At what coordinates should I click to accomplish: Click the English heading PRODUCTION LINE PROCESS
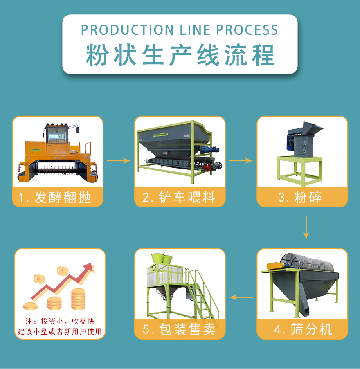(180, 30)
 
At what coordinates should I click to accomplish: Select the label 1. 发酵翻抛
(58, 198)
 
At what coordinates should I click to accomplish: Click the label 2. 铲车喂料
(180, 198)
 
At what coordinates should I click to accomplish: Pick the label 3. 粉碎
(302, 198)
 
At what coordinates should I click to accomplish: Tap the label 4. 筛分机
(302, 329)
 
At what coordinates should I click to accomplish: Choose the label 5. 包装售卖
(180, 329)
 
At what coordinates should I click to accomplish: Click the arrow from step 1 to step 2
(119, 161)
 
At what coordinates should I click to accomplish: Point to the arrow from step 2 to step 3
(241, 161)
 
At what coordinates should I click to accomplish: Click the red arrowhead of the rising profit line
(88, 268)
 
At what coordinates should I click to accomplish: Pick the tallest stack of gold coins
(79, 299)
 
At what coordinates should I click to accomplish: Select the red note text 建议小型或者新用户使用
(60, 332)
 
